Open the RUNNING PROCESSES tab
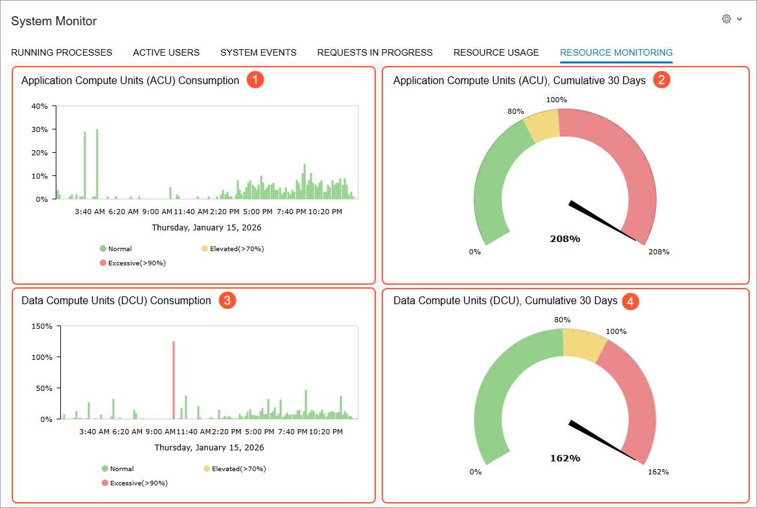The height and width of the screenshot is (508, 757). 62,52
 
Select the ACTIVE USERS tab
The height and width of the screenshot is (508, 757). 166,52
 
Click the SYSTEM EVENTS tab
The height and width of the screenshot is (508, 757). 259,52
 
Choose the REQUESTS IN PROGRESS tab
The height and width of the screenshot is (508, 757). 375,52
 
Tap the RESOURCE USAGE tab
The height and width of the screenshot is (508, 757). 496,52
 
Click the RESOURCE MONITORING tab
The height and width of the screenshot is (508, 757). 616,52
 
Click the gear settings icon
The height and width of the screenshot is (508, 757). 726,19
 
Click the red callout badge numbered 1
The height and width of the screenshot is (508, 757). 255,80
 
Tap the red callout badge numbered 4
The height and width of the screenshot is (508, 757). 630,302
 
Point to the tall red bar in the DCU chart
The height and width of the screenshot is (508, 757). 174,380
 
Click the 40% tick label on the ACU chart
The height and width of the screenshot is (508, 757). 40,106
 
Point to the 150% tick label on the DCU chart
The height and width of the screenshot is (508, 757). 42,326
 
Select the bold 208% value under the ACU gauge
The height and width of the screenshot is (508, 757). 565,239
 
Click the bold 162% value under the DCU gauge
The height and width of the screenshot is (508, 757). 565,458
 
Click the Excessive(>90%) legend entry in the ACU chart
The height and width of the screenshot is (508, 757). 133,263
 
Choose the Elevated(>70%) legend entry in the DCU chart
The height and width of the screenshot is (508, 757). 235,469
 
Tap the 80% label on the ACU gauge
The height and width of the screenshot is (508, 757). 516,111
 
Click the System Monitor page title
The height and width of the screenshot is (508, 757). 54,21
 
